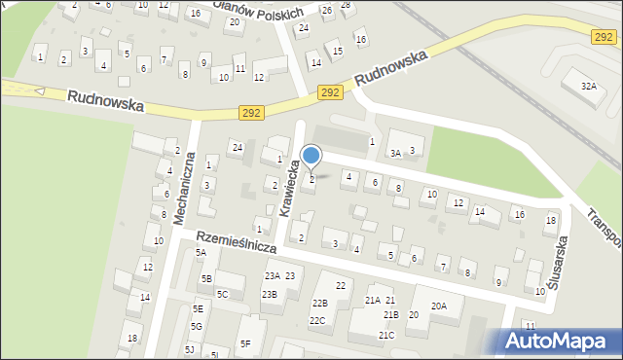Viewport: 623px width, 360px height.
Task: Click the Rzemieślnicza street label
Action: (x=236, y=242)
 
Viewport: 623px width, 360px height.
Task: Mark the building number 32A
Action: (x=589, y=87)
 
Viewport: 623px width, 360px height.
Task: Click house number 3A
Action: (x=395, y=153)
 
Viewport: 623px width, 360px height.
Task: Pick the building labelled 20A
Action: (x=439, y=306)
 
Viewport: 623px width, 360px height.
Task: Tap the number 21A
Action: (x=372, y=301)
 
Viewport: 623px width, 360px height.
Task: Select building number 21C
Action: (x=386, y=336)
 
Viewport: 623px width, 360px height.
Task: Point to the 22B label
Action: (x=319, y=304)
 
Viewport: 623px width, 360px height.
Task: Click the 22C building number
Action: (x=317, y=320)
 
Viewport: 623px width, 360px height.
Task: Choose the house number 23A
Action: (x=272, y=276)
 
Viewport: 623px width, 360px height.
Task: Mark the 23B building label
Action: (x=270, y=294)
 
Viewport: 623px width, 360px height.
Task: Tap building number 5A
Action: (x=201, y=253)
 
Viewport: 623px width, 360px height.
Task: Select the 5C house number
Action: (x=222, y=294)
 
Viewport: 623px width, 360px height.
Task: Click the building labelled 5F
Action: (x=246, y=343)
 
